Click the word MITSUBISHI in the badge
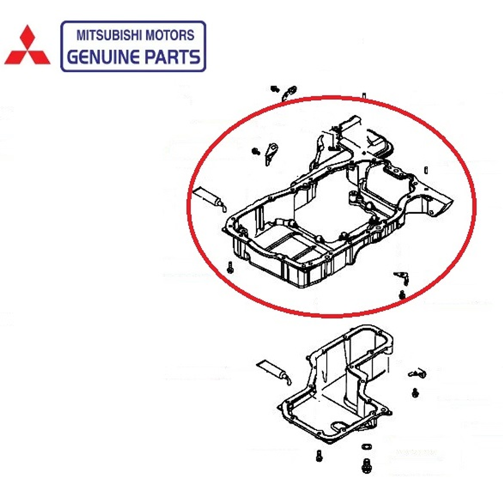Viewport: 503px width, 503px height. (x=109, y=35)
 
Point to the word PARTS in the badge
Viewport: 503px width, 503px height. (x=173, y=57)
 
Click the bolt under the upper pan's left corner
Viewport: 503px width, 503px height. (x=230, y=267)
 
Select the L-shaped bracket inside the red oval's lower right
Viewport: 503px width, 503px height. (x=402, y=278)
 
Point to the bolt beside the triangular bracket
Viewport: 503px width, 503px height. (x=256, y=150)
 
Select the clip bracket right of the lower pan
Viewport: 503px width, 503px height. (x=417, y=373)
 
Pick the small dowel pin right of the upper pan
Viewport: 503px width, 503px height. (x=426, y=170)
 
